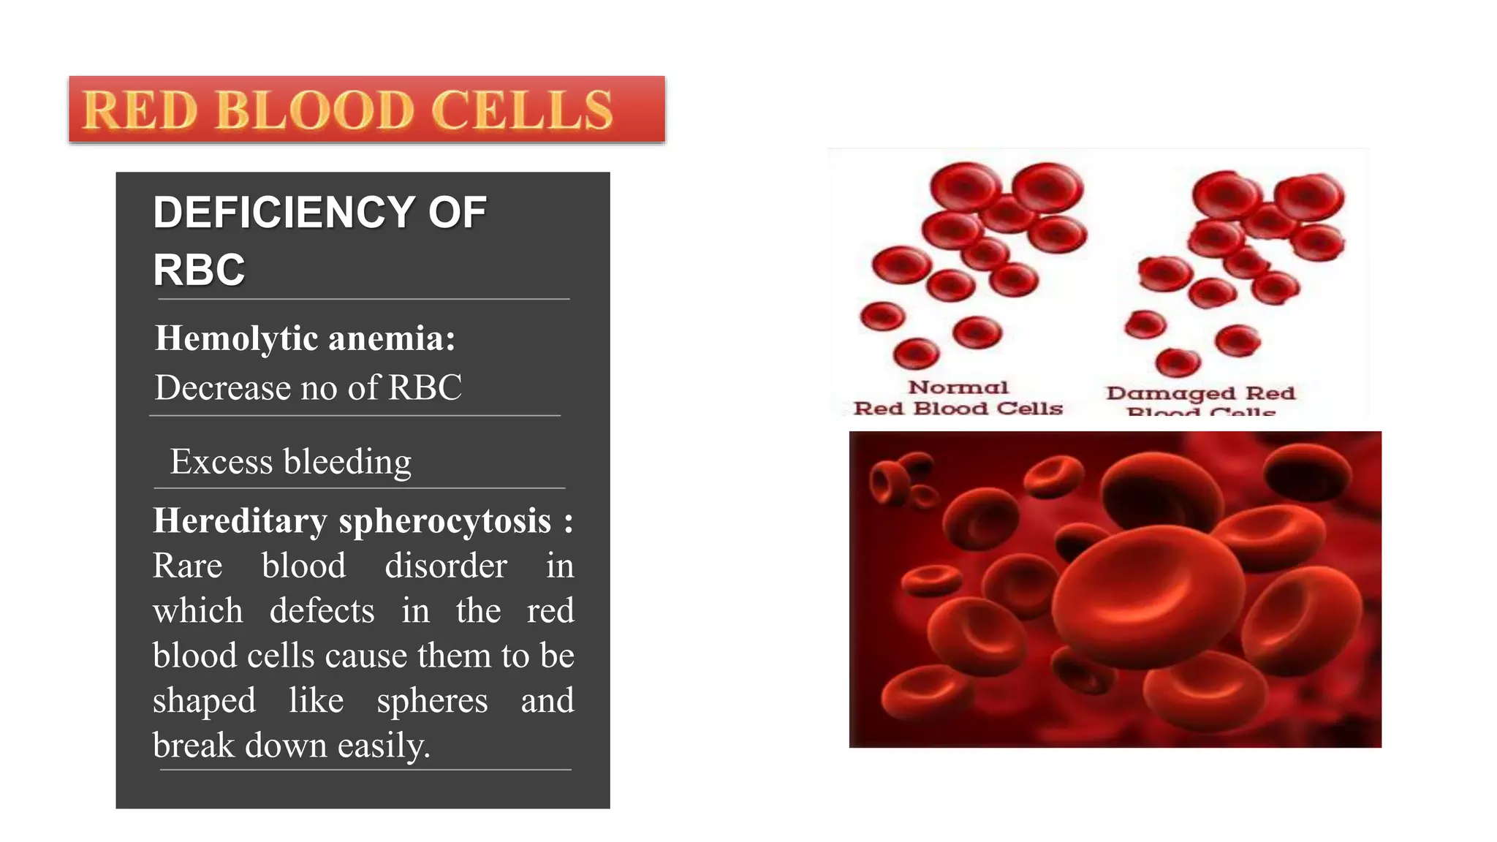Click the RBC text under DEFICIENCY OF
point(199,270)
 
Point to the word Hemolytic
point(236,338)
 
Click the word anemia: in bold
point(392,338)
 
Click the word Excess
point(221,462)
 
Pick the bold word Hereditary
point(239,521)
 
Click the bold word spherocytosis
point(444,522)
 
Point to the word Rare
point(187,566)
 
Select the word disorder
point(446,566)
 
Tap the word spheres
point(432,701)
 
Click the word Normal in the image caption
point(958,387)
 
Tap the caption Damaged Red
point(1200,393)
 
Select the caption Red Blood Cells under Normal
point(958,408)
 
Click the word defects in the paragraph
point(322,610)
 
